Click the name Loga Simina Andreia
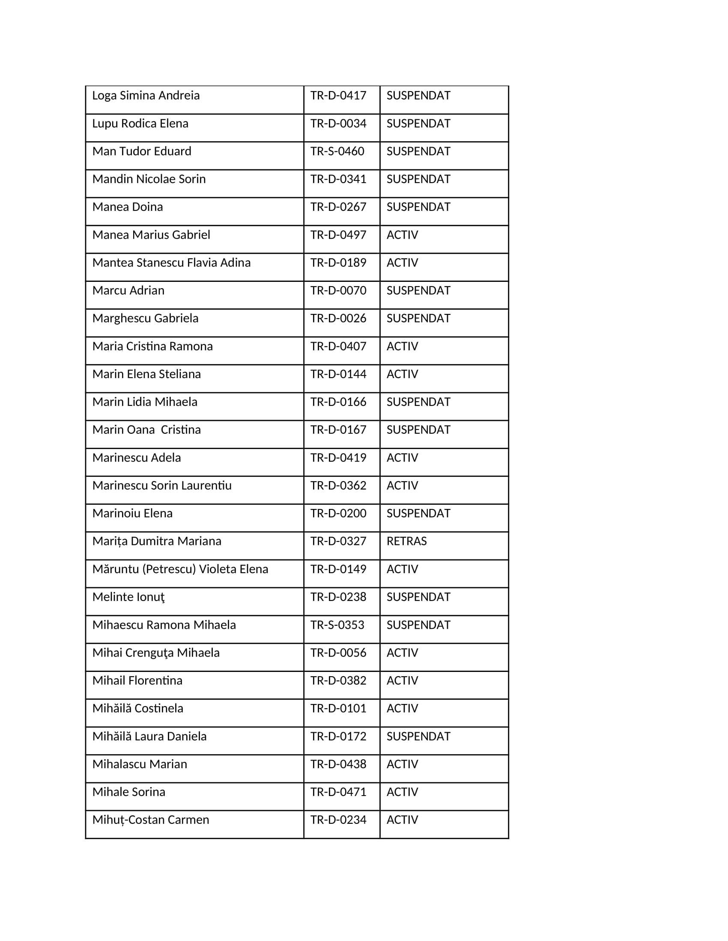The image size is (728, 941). tap(146, 95)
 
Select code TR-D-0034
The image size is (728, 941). tap(338, 123)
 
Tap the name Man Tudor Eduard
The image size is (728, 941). tap(141, 151)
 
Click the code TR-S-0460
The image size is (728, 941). tap(337, 151)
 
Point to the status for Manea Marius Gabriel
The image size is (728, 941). tap(402, 235)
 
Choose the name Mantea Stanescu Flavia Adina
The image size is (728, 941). tap(171, 262)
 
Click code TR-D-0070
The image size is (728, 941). tap(338, 290)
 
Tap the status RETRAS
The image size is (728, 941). tap(406, 541)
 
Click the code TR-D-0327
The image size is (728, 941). tap(338, 541)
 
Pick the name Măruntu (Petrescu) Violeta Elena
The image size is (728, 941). tap(180, 569)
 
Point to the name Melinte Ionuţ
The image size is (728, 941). tap(128, 597)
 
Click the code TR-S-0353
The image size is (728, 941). tap(337, 625)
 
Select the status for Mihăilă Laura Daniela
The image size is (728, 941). tap(418, 737)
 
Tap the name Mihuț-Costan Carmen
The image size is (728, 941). tap(150, 820)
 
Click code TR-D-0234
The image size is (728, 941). tap(338, 820)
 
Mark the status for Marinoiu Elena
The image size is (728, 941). tap(418, 513)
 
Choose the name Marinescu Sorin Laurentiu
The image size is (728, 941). tap(162, 485)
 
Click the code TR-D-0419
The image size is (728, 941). tap(338, 458)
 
